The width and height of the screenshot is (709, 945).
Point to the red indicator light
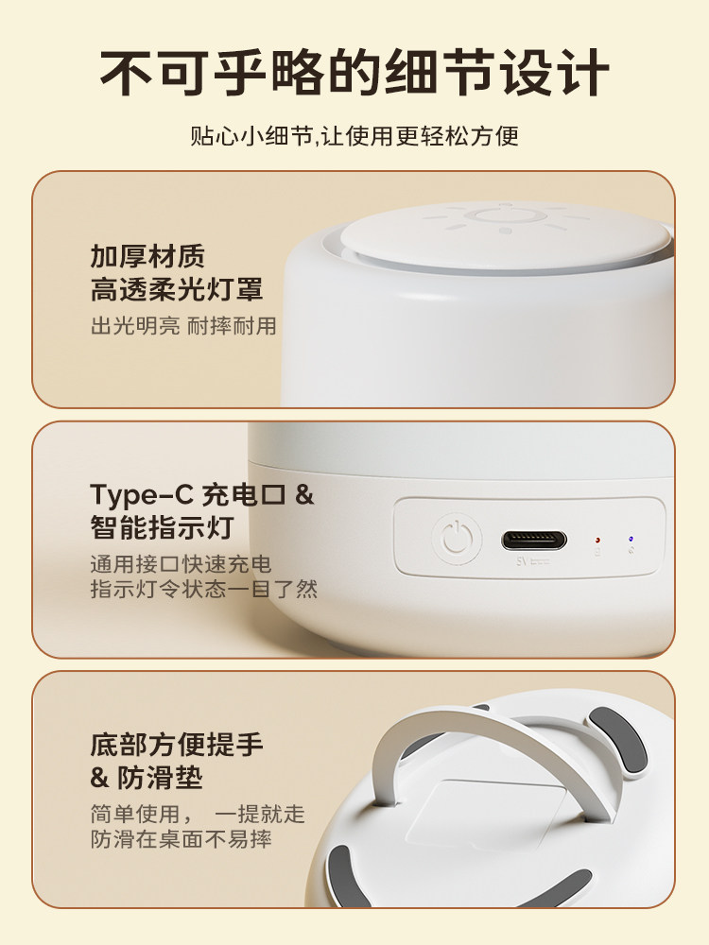point(597,541)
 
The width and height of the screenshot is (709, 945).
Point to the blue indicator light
point(630,540)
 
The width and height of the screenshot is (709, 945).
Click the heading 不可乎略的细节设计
point(354,70)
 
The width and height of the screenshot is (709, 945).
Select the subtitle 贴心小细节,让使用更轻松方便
point(354,136)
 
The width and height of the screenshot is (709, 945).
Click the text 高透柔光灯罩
point(177,288)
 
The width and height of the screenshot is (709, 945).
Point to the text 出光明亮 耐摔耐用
point(183,326)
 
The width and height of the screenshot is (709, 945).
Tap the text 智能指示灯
point(162,525)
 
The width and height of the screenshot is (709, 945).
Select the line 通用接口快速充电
point(181,564)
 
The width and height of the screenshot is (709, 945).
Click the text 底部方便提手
point(177,744)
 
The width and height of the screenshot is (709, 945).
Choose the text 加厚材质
point(147,255)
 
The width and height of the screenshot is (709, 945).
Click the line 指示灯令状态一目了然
point(203,589)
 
